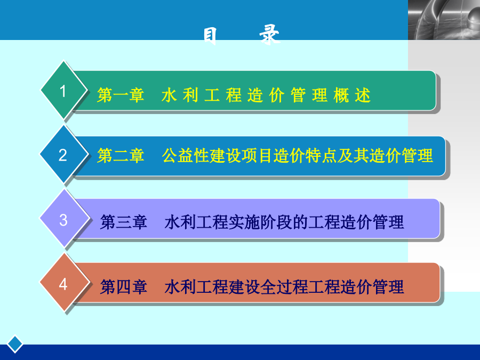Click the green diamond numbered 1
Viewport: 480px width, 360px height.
[x=63, y=90]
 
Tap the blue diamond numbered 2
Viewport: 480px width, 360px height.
[x=63, y=155]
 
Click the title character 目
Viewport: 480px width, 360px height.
[x=211, y=36]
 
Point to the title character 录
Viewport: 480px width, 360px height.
[x=270, y=35]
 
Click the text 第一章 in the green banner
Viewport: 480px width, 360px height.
[x=121, y=95]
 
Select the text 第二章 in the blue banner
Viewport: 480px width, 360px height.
[x=121, y=156]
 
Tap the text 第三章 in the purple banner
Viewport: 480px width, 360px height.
[x=124, y=222]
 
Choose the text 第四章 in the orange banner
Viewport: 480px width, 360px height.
[x=124, y=287]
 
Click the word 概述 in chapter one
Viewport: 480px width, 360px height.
[x=353, y=95]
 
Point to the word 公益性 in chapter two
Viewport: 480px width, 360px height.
[x=186, y=156]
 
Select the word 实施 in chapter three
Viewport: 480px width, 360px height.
[x=244, y=222]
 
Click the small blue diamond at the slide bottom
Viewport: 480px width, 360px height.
[x=15, y=344]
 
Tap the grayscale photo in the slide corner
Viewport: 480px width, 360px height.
[x=444, y=20]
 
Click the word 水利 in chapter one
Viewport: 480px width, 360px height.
[x=180, y=95]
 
